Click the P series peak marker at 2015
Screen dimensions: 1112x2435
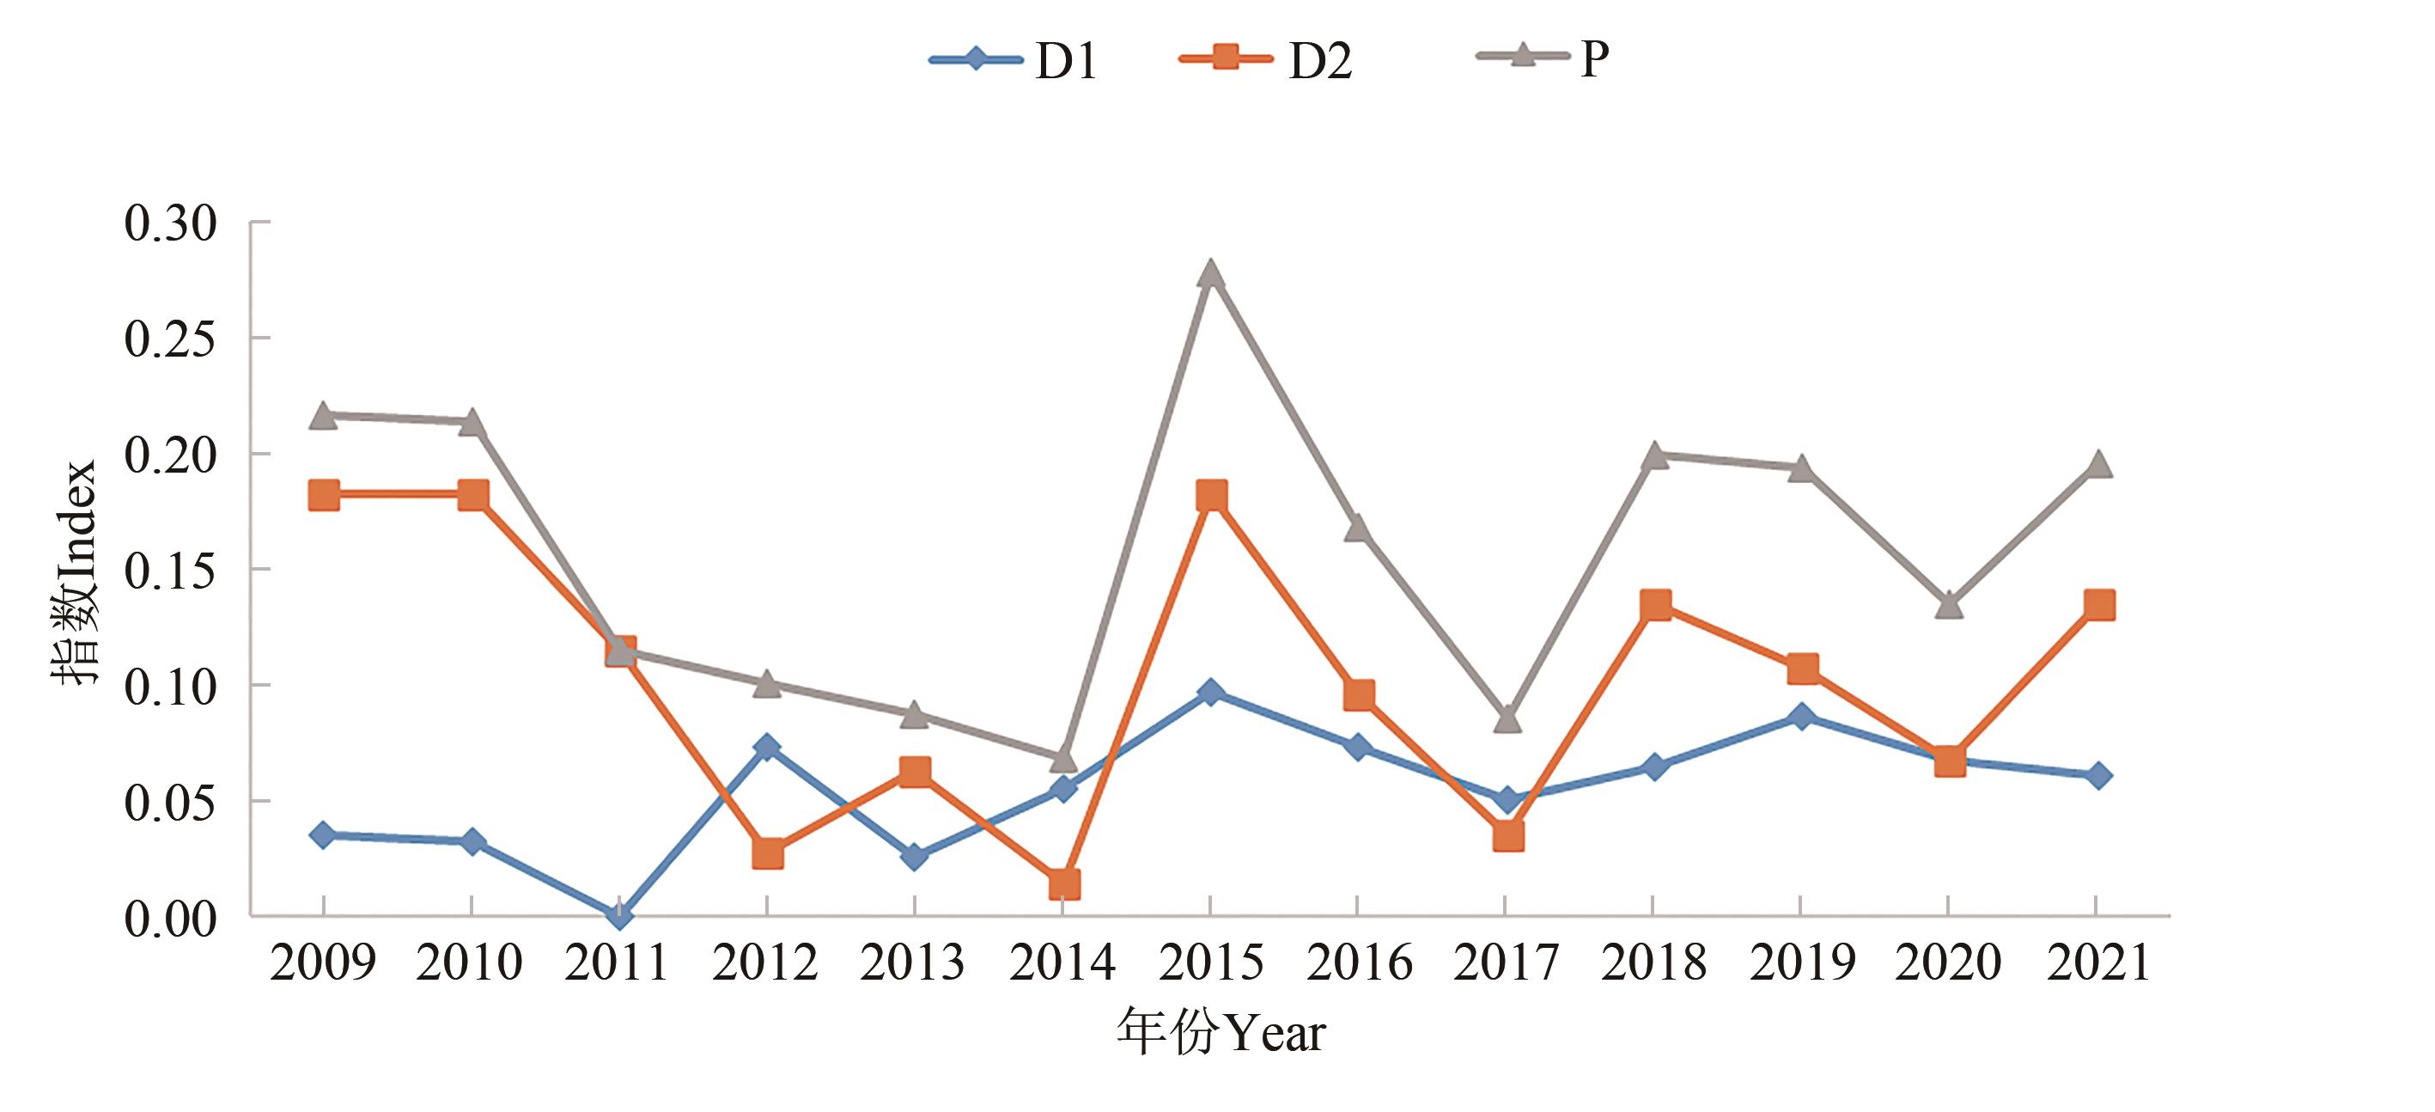tap(1211, 274)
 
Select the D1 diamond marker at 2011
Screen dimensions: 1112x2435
tap(619, 914)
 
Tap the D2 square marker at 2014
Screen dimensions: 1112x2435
tap(1063, 884)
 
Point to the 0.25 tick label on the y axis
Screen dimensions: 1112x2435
tap(171, 339)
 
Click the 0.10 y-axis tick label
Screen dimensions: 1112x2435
tap(171, 686)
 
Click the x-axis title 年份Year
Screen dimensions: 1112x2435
tap(1221, 1031)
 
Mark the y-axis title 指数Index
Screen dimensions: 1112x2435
tap(74, 572)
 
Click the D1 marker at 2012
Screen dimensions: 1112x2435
tap(767, 748)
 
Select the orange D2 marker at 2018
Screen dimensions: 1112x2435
tap(1655, 604)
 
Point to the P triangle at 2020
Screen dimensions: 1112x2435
tap(1949, 605)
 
